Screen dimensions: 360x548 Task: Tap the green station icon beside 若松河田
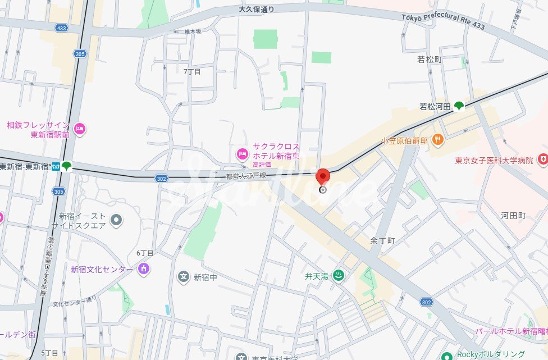coord(459,106)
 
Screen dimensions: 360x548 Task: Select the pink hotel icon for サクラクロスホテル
coord(242,153)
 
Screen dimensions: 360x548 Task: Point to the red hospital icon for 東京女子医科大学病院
coord(542,160)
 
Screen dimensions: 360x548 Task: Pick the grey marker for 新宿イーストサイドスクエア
coord(116,220)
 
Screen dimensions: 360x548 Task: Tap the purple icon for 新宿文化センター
coord(143,269)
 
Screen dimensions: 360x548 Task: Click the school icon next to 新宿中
coord(183,276)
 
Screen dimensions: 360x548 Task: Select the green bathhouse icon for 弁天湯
coord(338,275)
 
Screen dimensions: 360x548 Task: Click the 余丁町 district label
coord(382,240)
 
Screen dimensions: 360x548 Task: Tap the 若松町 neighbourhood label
coord(430,59)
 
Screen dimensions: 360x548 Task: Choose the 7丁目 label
coord(192,71)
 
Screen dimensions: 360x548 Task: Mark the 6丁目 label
coord(145,253)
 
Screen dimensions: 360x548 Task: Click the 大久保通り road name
coord(257,9)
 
